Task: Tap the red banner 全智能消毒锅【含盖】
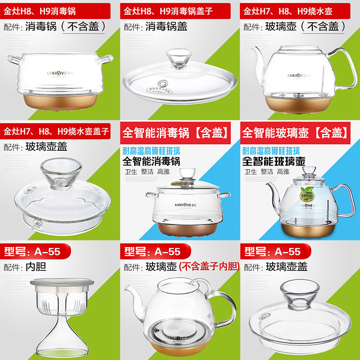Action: (x=177, y=133)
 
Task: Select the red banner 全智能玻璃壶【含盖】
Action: (x=296, y=133)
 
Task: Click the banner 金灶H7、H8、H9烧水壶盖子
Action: (x=57, y=131)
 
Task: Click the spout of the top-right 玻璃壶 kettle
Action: (x=260, y=54)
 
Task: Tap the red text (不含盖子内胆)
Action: (x=208, y=267)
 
